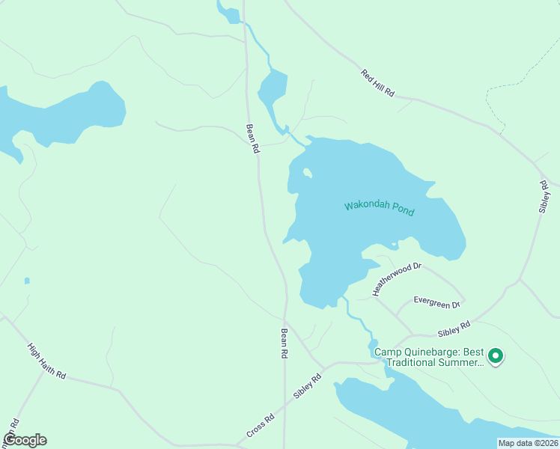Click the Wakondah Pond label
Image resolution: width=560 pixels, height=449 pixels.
pos(379,207)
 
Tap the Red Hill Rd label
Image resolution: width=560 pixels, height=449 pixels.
pos(377,84)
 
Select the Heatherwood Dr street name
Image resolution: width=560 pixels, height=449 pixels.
pos(397,278)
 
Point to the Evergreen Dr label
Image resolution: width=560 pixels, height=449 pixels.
pos(438,304)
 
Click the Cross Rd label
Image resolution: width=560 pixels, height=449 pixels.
pos(261,428)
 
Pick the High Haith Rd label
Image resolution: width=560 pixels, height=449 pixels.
pos(46,361)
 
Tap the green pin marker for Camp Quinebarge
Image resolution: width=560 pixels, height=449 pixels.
pos(494,355)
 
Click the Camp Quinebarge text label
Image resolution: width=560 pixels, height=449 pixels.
pos(428,358)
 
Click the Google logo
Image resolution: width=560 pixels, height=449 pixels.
pos(25,440)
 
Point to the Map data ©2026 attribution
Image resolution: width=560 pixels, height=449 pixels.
pos(528,443)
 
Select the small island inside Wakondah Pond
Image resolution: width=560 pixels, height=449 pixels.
pos(307,174)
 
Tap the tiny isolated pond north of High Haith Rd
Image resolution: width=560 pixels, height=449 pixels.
pos(27,281)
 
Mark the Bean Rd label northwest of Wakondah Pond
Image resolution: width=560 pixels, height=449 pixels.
pos(253,138)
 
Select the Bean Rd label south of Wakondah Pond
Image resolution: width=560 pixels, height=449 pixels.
pos(284,344)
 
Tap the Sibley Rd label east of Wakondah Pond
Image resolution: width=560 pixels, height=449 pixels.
pos(544,196)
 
